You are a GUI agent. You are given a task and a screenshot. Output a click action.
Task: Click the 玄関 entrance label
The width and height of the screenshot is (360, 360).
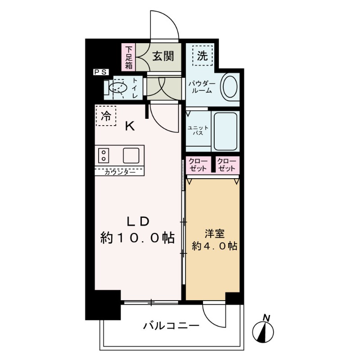pyautogui.click(x=160, y=57)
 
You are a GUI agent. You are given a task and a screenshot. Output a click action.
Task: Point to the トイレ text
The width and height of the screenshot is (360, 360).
pyautogui.click(x=135, y=88)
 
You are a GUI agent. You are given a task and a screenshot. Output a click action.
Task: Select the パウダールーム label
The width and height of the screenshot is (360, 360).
pyautogui.click(x=202, y=86)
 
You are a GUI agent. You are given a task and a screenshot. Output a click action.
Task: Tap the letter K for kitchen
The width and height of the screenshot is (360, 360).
pyautogui.click(x=130, y=126)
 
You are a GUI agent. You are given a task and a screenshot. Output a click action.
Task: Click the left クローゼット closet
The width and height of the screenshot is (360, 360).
pyautogui.click(x=198, y=165)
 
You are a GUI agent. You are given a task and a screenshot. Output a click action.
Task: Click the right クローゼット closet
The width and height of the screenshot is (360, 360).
pyautogui.click(x=226, y=165)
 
